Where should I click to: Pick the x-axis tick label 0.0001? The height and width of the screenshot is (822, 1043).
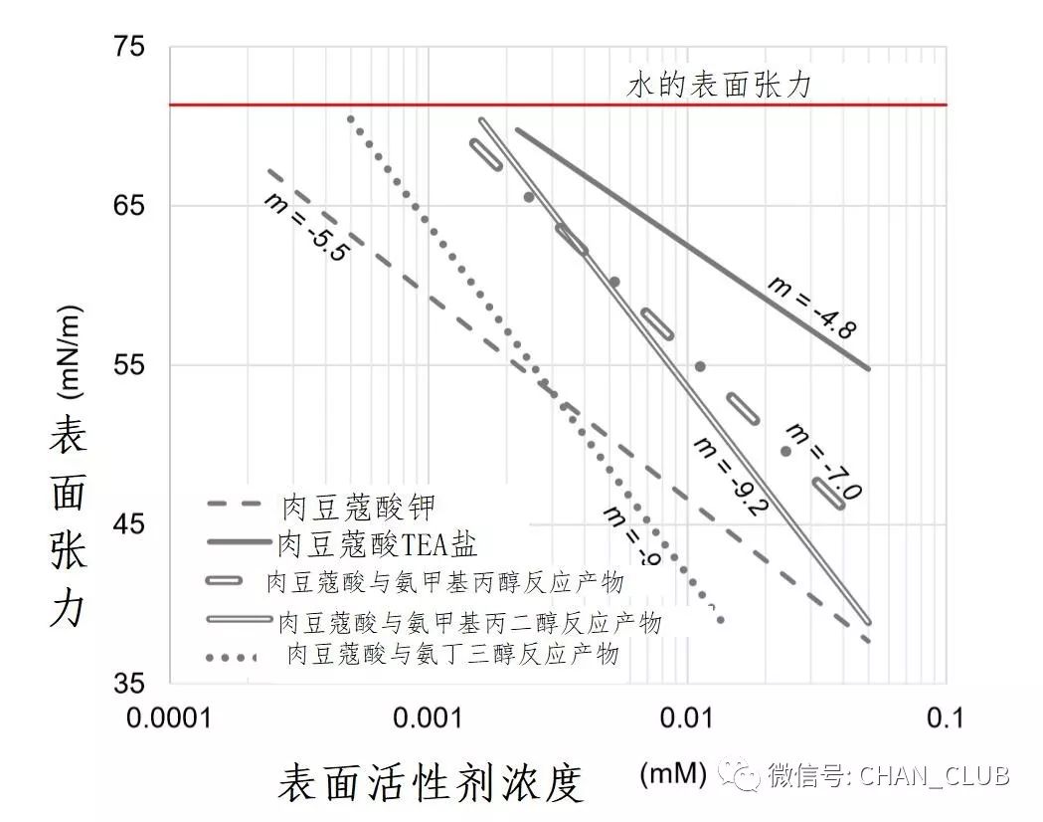tap(170, 719)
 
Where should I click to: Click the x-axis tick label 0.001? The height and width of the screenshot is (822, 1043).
tap(429, 719)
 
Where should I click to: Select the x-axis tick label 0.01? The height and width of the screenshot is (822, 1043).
tap(687, 719)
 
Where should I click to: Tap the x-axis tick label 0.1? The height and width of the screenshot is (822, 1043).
tap(946, 719)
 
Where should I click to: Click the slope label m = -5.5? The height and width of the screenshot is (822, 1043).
tap(306, 227)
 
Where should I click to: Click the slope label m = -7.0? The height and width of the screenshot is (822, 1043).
tap(823, 462)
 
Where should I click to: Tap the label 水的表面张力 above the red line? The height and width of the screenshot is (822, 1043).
tap(719, 86)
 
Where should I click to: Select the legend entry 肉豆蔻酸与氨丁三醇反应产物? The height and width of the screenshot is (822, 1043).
tap(451, 655)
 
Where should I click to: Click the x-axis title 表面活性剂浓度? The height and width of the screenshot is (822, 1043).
tap(430, 783)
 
